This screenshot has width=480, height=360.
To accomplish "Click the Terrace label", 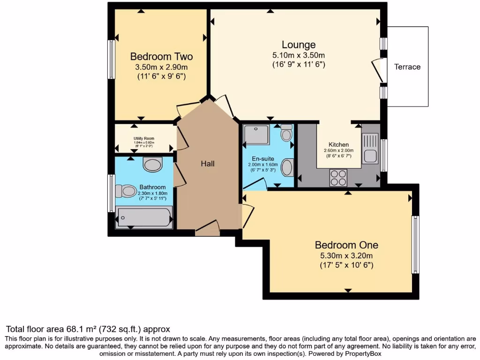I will pyautogui.click(x=407, y=67).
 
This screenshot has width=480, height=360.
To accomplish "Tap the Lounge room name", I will pyautogui.click(x=299, y=45).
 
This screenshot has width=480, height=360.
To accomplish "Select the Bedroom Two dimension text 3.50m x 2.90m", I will pyautogui.click(x=161, y=67).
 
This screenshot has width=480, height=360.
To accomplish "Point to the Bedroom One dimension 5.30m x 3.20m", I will pyautogui.click(x=346, y=255).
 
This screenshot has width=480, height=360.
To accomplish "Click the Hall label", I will pyautogui.click(x=208, y=164).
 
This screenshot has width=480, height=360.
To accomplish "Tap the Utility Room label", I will pyautogui.click(x=143, y=139).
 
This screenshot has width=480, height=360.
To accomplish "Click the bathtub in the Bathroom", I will pyautogui.click(x=144, y=218).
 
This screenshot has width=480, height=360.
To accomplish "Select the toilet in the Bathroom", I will pyautogui.click(x=125, y=191).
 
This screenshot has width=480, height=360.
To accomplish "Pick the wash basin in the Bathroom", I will pyautogui.click(x=152, y=165).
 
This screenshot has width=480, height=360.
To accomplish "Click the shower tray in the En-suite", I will pyautogui.click(x=257, y=135).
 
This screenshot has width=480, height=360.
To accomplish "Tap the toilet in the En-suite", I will pyautogui.click(x=286, y=134).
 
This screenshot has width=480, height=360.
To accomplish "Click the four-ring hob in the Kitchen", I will pyautogui.click(x=338, y=178).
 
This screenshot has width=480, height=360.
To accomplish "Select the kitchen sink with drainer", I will pyautogui.click(x=370, y=148).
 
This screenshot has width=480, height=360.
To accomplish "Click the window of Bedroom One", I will pyautogui.click(x=415, y=244).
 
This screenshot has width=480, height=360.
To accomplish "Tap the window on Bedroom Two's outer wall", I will pyautogui.click(x=111, y=59).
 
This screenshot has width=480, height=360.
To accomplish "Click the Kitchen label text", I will pyautogui.click(x=338, y=144).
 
